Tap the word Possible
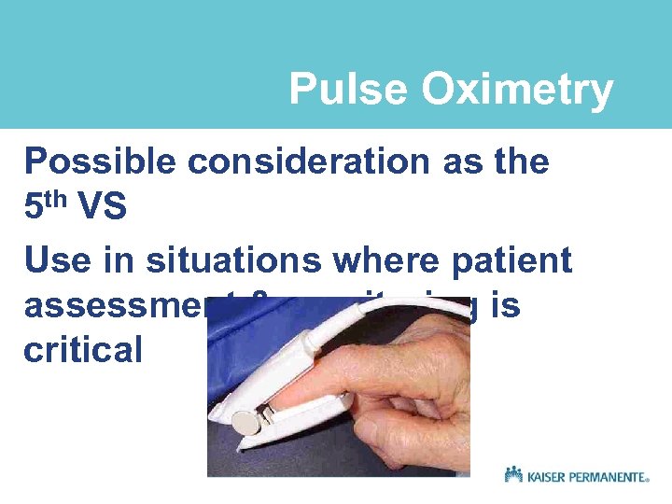[100, 161]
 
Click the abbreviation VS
[103, 206]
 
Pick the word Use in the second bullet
[55, 260]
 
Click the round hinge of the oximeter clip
[245, 424]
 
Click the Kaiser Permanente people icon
[513, 474]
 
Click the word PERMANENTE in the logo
[609, 476]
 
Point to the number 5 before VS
[35, 206]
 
